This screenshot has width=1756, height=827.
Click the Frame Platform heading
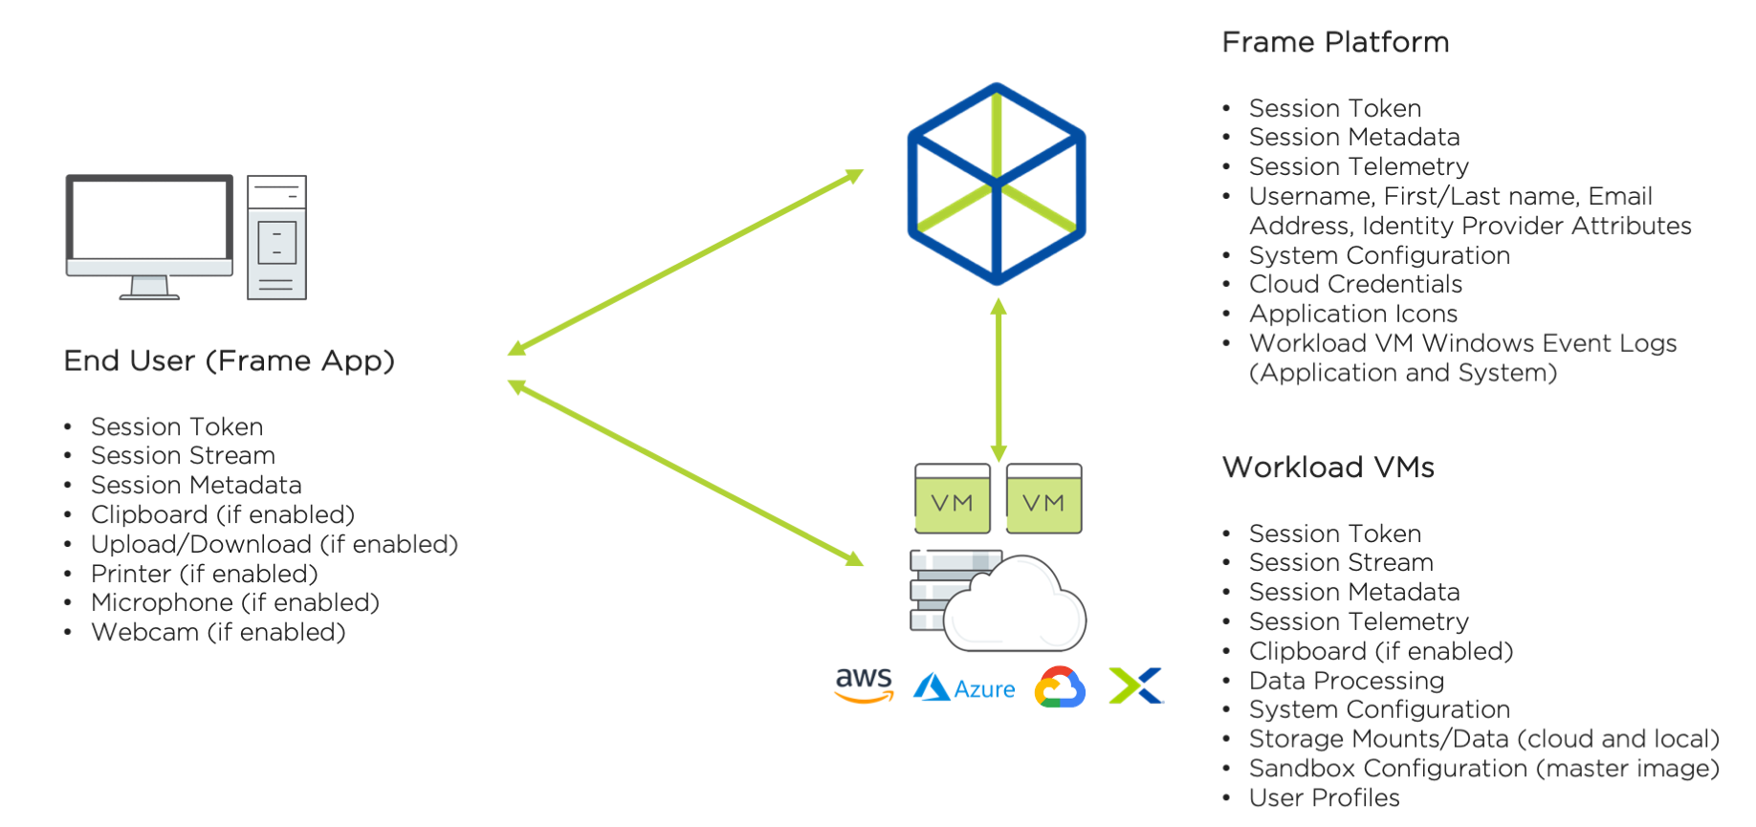[1335, 43]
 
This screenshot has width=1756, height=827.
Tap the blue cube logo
[997, 184]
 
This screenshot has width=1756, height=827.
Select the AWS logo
[864, 685]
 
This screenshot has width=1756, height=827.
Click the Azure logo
[965, 687]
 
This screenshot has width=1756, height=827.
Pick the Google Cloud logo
[1060, 687]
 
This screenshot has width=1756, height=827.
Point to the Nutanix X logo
[1135, 686]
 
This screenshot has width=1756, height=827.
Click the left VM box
[952, 499]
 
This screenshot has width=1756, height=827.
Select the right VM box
[1043, 499]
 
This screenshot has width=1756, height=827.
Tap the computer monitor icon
[149, 234]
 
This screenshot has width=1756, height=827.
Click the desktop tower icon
[276, 237]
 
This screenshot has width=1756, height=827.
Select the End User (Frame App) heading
[229, 361]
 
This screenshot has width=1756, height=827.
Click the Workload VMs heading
[1328, 468]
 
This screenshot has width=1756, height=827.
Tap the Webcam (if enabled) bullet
[217, 633]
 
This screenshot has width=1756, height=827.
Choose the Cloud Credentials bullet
[1355, 285]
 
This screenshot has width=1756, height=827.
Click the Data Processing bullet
[1346, 681]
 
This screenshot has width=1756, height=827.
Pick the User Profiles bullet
[1324, 798]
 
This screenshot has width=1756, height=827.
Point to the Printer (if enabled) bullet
[204, 574]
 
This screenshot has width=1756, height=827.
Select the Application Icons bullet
[1352, 315]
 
